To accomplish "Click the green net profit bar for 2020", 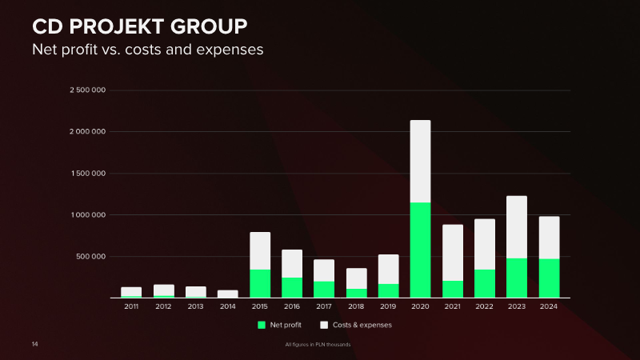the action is tap(420, 250).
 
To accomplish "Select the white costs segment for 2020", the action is tap(420, 162).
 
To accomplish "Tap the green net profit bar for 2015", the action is tap(260, 283).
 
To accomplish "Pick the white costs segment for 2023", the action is tap(517, 227).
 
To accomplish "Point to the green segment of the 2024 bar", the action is tap(549, 278).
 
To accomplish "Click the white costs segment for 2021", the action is tap(453, 253).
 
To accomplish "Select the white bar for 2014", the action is tap(228, 294).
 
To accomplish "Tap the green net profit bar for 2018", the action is tap(356, 293).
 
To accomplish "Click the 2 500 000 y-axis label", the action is tap(88, 90).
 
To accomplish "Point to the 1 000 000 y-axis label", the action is tap(88, 215).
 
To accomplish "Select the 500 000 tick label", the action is tap(90, 257).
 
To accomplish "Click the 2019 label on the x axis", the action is tap(388, 306).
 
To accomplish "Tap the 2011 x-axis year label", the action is tap(131, 306).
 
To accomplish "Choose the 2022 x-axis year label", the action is tap(485, 306).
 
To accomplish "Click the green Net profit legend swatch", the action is tap(262, 325).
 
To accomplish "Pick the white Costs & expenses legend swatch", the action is tap(324, 325).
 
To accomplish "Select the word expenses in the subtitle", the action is tap(230, 50).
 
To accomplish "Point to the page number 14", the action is tap(34, 344).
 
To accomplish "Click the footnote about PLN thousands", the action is tap(318, 345).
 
